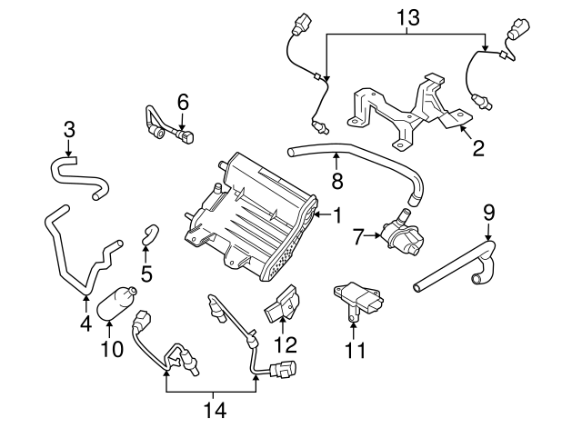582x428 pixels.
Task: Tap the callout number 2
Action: [477, 147]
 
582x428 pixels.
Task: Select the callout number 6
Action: [182, 103]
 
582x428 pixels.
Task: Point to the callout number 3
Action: [69, 131]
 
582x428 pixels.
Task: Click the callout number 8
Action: [336, 181]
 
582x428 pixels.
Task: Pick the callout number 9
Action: [488, 214]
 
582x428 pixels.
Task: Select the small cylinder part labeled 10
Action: [119, 302]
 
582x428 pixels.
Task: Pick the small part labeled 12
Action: [284, 306]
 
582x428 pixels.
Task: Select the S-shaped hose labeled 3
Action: [76, 174]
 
